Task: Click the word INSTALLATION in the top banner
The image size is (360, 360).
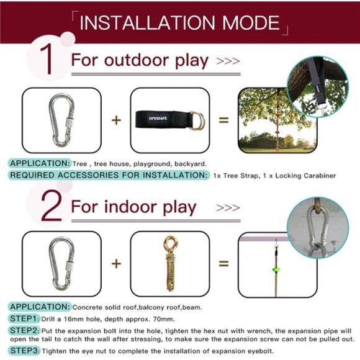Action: [147, 22]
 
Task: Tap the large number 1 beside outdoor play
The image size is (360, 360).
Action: [49, 59]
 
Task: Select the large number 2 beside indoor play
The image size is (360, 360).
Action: [52, 205]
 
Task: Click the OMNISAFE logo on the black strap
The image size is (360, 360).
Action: [158, 118]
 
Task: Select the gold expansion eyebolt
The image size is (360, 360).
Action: [170, 263]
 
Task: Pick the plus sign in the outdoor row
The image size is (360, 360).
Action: [116, 120]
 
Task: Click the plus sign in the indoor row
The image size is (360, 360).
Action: [116, 263]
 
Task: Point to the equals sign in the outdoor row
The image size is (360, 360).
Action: [223, 120]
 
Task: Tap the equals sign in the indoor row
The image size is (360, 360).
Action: [223, 263]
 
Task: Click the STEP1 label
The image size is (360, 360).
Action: [23, 318]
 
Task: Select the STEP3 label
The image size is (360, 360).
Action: [24, 351]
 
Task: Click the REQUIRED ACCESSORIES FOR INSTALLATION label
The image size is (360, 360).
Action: [109, 175]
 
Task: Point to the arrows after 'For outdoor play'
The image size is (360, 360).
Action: [228, 61]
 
